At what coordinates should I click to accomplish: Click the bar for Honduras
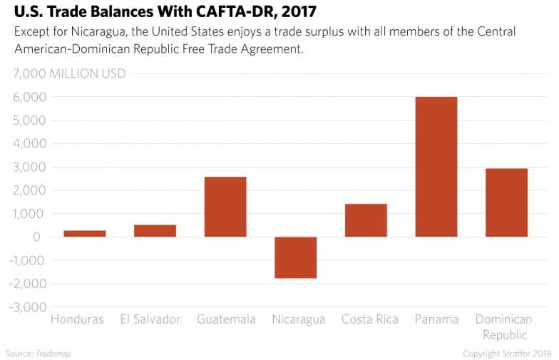click(84, 233)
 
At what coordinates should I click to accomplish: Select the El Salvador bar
click(155, 231)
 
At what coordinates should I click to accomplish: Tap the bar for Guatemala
click(225, 207)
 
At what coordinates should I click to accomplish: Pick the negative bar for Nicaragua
click(296, 257)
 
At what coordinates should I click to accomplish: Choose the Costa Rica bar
click(366, 220)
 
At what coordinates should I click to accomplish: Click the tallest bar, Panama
click(436, 167)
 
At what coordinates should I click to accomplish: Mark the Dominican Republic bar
click(507, 202)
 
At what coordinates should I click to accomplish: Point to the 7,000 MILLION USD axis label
click(68, 73)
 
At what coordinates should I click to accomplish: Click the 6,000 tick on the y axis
click(29, 97)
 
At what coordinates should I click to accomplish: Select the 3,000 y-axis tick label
click(29, 167)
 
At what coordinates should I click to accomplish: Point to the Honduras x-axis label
click(77, 319)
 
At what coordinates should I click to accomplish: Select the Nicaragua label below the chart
click(298, 319)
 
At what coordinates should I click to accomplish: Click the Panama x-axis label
click(436, 319)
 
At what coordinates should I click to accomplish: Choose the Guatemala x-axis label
click(226, 319)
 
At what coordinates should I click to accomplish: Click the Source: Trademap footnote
click(39, 354)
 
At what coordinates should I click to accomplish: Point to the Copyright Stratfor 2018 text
click(508, 354)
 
